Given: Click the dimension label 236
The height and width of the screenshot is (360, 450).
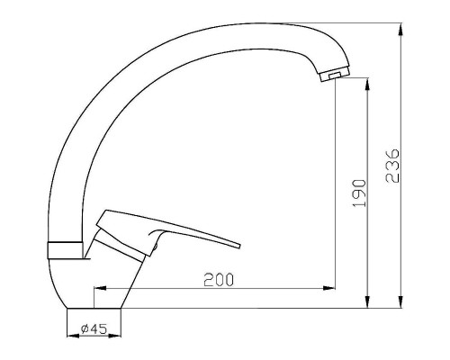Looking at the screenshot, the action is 393,166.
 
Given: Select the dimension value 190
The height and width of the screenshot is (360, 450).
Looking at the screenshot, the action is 360,193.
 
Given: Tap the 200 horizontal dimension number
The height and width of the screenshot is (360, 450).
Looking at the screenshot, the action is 219,280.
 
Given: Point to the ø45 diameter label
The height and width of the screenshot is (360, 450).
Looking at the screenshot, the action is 94,329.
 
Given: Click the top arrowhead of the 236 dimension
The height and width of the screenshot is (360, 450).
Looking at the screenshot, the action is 400,30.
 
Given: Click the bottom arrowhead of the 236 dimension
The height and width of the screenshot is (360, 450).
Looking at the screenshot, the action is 400,301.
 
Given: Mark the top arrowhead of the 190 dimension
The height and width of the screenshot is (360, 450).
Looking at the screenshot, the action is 367,85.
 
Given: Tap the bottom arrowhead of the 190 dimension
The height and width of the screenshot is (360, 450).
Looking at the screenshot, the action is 367,301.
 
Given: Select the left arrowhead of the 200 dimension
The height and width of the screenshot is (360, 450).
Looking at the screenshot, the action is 101,288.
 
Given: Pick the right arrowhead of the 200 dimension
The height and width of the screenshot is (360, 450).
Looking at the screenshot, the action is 328,288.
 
